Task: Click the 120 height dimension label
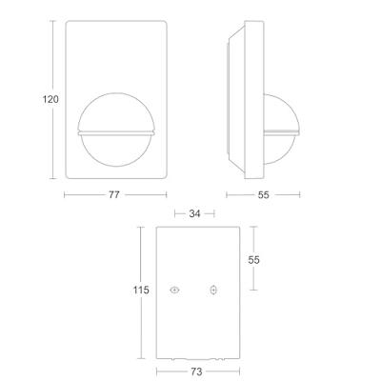point(50,99)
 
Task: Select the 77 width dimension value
point(114,194)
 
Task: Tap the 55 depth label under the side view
point(263,194)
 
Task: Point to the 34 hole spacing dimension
point(194,213)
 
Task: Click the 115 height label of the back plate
point(141,290)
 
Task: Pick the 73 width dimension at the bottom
point(197,371)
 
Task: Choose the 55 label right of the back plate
point(253,260)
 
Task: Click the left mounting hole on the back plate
point(174,290)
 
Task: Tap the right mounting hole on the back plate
point(213,290)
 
